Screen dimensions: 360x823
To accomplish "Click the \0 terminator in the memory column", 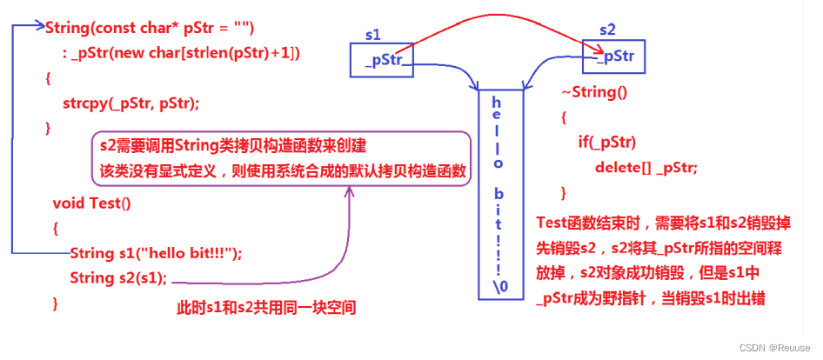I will pyautogui.click(x=498, y=286).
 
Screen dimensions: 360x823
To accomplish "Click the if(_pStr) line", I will pyautogui.click(x=607, y=141).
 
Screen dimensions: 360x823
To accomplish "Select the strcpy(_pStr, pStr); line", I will pyautogui.click(x=130, y=103).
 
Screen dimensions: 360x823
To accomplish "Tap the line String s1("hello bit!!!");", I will pyautogui.click(x=156, y=253).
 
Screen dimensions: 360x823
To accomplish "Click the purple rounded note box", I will pyautogui.click(x=280, y=157).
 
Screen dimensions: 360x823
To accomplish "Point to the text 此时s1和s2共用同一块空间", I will pyautogui.click(x=266, y=308).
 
